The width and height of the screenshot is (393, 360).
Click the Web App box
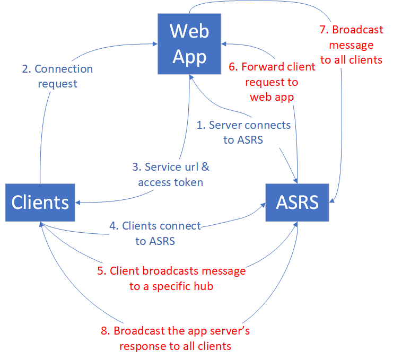tap(190, 44)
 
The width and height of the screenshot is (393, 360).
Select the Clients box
tap(40, 202)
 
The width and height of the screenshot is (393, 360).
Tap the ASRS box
tap(297, 202)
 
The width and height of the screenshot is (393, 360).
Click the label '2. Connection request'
tap(57, 76)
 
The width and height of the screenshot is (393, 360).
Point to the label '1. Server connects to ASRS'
tap(243, 133)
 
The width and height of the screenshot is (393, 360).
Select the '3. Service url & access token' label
tap(170, 174)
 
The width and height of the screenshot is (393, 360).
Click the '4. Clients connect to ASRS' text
tap(155, 233)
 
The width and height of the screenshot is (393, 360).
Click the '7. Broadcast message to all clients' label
tap(351, 45)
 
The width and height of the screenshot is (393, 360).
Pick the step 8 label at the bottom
tap(175, 339)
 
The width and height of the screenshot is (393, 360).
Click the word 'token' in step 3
tap(188, 182)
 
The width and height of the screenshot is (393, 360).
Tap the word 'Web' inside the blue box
tap(190, 31)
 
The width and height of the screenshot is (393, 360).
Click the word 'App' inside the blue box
tap(190, 56)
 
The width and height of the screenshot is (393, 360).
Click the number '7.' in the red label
tap(325, 31)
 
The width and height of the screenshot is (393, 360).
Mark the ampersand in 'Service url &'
tap(205, 167)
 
